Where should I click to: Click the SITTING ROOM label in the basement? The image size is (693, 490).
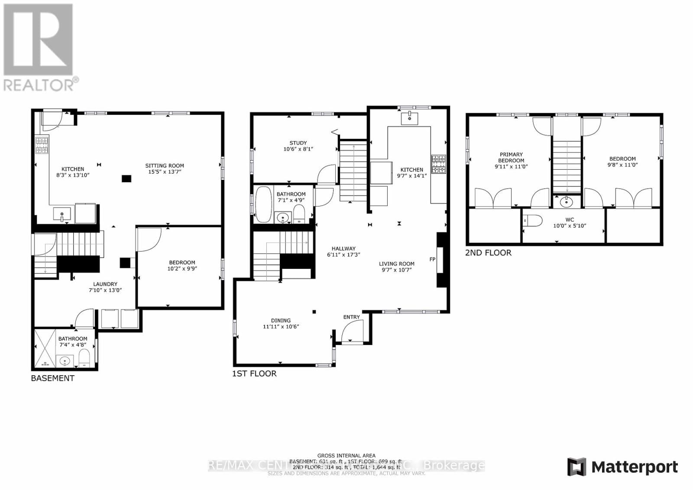coord(164,165)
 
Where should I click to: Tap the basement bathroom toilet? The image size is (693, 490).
coord(84,359)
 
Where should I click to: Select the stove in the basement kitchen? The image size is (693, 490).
coord(42,145)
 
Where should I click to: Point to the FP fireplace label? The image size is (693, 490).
coord(432,259)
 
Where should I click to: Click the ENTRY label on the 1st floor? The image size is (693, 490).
coord(351,317)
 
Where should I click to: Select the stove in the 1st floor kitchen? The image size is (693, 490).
coord(438,164)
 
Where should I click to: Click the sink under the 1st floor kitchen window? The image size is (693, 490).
coord(409,118)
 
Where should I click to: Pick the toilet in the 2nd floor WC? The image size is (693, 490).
coord(533,221)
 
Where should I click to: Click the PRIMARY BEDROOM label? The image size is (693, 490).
coord(511,157)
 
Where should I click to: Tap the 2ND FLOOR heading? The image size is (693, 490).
coord(488,253)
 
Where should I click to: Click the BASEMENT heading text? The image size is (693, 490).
coord(52,378)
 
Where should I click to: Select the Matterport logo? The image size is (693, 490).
coord(622,467)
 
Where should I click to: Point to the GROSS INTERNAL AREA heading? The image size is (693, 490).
coord(346,455)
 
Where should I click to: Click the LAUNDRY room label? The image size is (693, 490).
coord(105,284)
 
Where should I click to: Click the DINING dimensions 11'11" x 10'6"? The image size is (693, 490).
coord(281,327)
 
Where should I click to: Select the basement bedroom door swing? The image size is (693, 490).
coord(148,239)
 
